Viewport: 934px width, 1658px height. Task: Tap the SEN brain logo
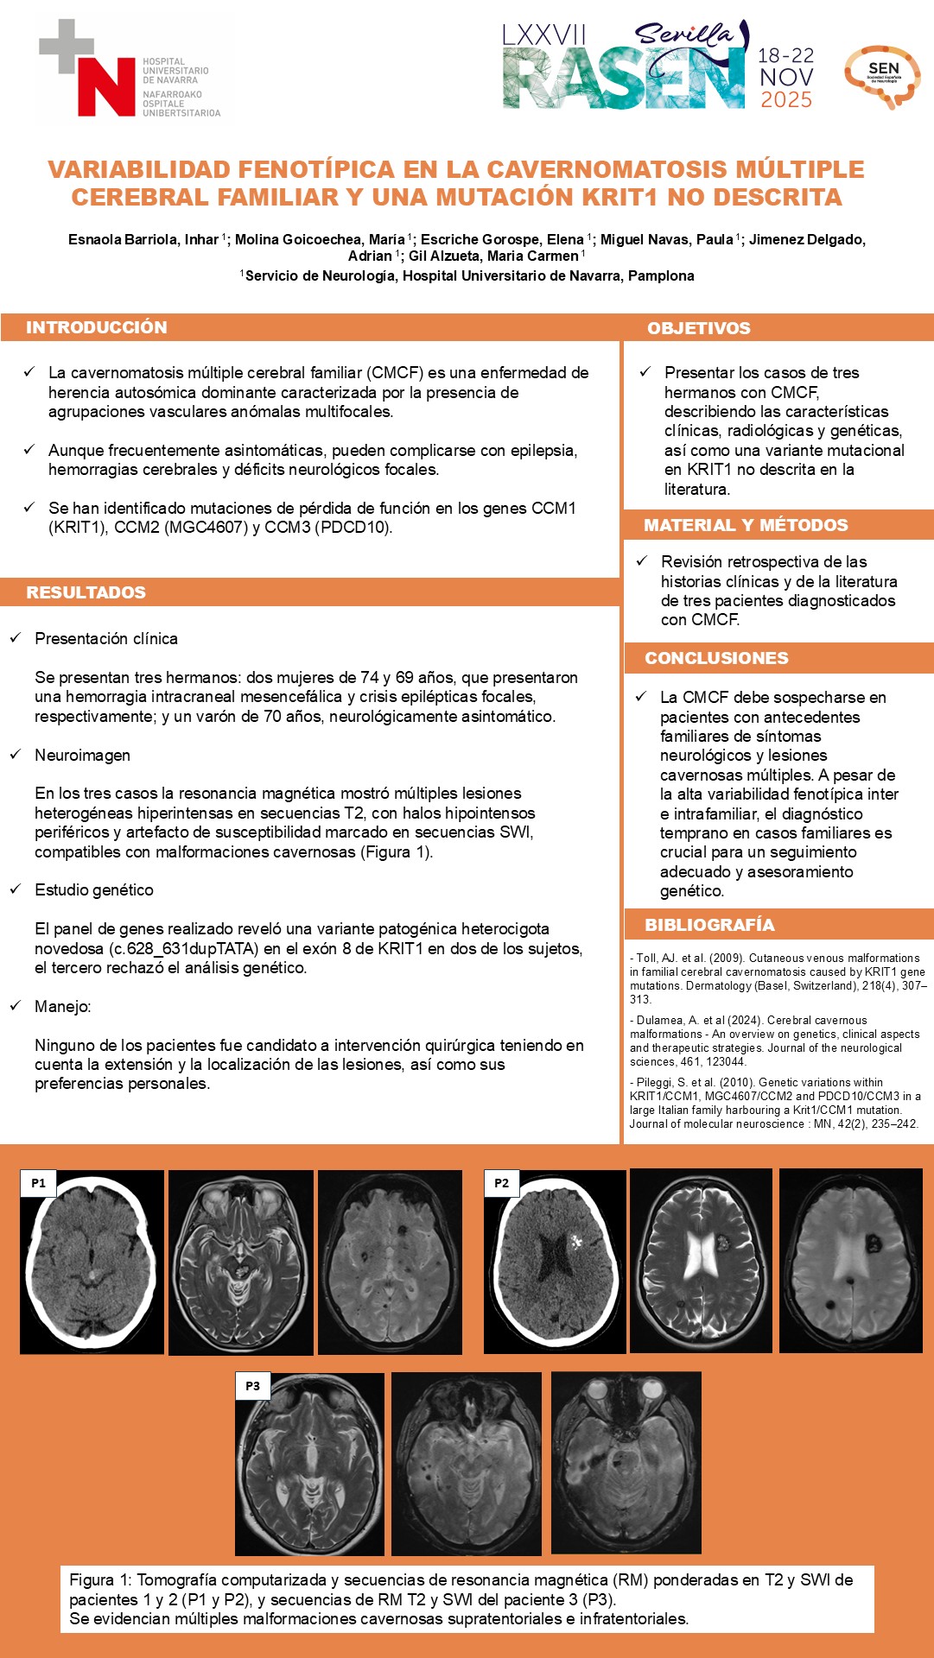(882, 76)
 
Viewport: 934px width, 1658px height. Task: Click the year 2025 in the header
(786, 100)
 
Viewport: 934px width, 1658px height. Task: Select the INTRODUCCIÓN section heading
(97, 327)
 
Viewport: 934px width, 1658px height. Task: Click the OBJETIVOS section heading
(699, 328)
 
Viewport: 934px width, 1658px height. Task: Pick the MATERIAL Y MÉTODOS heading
(746, 525)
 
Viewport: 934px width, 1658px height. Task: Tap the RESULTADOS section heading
(86, 592)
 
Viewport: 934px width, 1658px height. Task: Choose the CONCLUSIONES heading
(716, 658)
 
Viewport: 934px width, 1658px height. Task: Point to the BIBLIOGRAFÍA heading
(709, 925)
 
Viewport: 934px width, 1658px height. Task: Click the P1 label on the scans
(39, 1183)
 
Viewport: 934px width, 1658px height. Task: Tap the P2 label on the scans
(502, 1183)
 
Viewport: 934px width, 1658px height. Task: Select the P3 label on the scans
(252, 1386)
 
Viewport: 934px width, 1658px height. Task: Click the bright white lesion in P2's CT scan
(575, 1242)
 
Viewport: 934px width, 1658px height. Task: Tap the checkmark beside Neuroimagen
(16, 755)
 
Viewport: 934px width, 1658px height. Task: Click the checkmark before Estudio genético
(16, 889)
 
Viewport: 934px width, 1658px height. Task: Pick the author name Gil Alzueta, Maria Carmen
(492, 256)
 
